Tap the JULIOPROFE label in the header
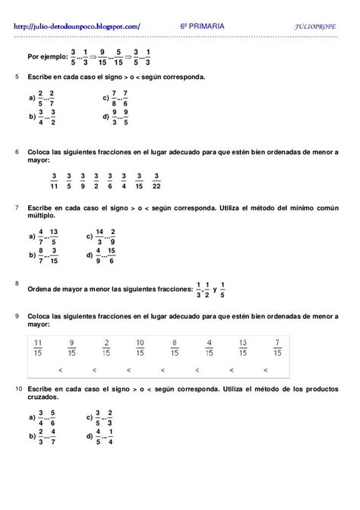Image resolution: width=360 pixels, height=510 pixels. coord(317,27)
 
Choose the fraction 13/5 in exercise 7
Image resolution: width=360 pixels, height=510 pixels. coord(54,236)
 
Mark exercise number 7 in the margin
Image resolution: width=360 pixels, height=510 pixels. coord(17,207)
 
